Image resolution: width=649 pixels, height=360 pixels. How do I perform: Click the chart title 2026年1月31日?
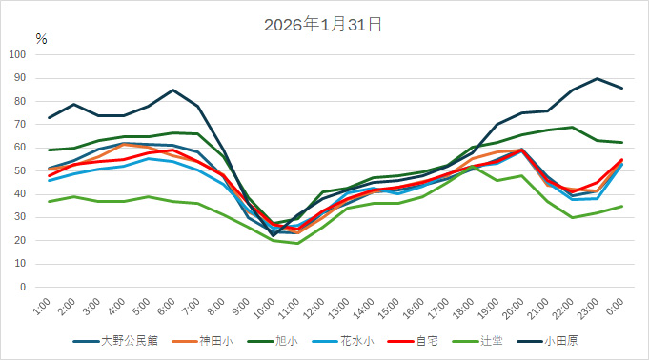click(x=323, y=26)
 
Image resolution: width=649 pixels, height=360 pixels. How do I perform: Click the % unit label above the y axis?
click(x=41, y=39)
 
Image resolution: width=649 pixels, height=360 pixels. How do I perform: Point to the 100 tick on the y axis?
click(x=17, y=54)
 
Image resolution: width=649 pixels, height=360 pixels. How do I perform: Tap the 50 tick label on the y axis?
click(x=20, y=170)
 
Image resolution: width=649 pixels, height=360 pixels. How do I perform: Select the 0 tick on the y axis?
click(x=23, y=287)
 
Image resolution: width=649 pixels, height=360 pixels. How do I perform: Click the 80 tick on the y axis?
click(x=20, y=101)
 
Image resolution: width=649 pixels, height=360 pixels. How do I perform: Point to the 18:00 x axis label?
click(x=463, y=308)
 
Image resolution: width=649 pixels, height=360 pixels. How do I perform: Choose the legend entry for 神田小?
click(x=213, y=340)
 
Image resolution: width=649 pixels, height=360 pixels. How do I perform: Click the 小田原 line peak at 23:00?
click(x=597, y=78)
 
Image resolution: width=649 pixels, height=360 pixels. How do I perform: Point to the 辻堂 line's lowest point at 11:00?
click(x=297, y=243)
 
